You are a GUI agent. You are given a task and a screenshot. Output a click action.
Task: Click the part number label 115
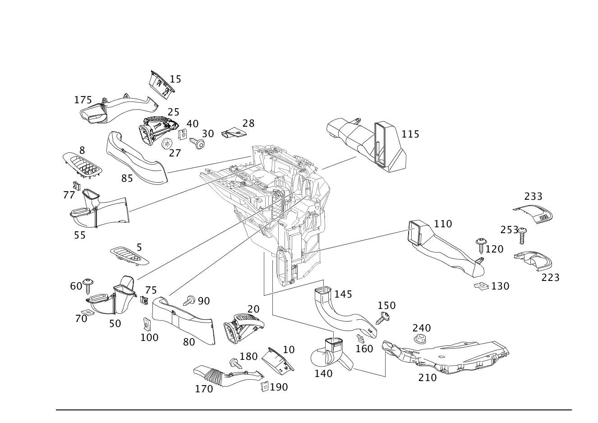click(410, 134)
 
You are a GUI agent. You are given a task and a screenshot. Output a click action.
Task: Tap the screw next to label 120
click(481, 245)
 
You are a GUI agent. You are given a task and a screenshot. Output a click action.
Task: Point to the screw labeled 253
click(522, 235)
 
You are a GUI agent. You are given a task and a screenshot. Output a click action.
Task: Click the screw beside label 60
click(88, 286)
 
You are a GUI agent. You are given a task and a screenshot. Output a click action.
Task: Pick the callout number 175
click(83, 100)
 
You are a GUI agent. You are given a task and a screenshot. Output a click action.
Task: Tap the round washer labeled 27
click(167, 143)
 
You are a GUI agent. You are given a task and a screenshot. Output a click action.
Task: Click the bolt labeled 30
click(197, 143)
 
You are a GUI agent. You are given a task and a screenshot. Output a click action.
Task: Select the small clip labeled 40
click(183, 135)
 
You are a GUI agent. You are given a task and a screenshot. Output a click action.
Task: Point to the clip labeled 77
click(77, 185)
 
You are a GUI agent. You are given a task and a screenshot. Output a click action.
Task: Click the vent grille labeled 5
click(129, 256)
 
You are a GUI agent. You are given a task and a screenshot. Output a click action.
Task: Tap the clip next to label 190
click(265, 386)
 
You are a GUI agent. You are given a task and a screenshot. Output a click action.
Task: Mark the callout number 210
click(428, 377)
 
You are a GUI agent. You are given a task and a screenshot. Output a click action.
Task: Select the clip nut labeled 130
click(481, 286)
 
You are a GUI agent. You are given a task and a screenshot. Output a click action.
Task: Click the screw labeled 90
click(189, 300)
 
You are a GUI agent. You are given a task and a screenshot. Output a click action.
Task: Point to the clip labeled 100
click(146, 324)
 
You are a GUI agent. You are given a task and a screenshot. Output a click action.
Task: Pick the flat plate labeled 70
click(88, 312)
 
